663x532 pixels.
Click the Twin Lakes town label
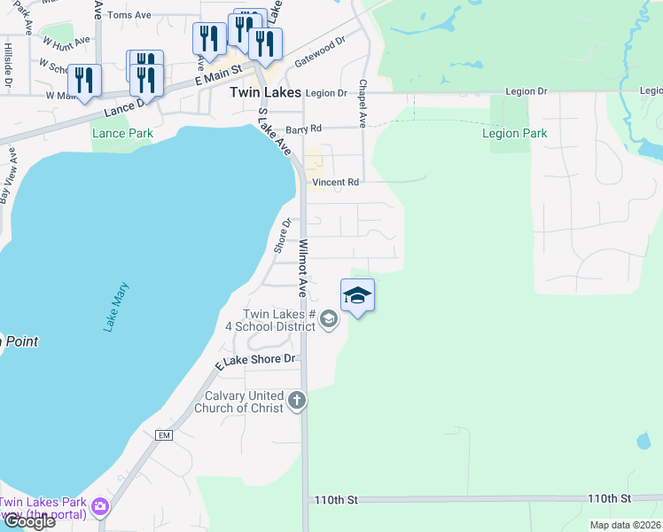(x=264, y=91)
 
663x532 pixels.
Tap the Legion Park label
(x=514, y=134)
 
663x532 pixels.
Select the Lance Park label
(x=122, y=134)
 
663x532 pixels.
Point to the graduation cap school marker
(x=357, y=295)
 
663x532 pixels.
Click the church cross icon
(x=297, y=402)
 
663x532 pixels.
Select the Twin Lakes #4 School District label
(x=280, y=320)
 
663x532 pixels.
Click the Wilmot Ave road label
(x=302, y=268)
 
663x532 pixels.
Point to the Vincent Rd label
(x=335, y=183)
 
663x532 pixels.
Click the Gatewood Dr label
(x=319, y=53)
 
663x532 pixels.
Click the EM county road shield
(x=163, y=435)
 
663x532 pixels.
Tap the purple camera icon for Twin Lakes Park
(x=100, y=507)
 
